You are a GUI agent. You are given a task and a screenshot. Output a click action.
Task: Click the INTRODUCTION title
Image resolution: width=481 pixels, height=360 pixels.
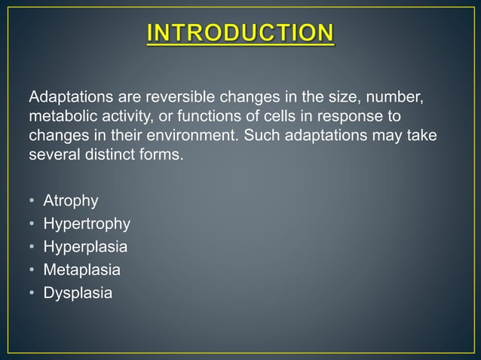[240, 34]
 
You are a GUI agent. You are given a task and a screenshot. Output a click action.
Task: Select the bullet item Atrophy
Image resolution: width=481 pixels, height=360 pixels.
[71, 202]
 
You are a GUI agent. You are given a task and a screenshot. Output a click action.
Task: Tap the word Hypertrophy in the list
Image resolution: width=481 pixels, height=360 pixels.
[87, 224]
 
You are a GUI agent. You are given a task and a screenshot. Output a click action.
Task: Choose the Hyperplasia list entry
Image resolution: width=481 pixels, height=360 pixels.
[85, 247]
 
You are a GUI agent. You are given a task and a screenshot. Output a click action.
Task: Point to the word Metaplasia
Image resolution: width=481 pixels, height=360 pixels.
[82, 270]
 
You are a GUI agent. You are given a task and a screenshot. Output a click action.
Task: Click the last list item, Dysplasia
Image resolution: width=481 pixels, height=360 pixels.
[78, 292]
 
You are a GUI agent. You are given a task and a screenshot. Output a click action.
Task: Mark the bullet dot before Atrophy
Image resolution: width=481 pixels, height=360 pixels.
[32, 202]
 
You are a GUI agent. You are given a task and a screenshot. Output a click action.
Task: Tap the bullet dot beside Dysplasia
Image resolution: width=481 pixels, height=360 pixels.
[32, 292]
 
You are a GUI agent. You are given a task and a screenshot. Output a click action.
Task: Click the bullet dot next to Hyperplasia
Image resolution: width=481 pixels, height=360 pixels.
[32, 247]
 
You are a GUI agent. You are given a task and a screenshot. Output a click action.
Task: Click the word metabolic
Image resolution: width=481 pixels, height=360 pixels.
[59, 118]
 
